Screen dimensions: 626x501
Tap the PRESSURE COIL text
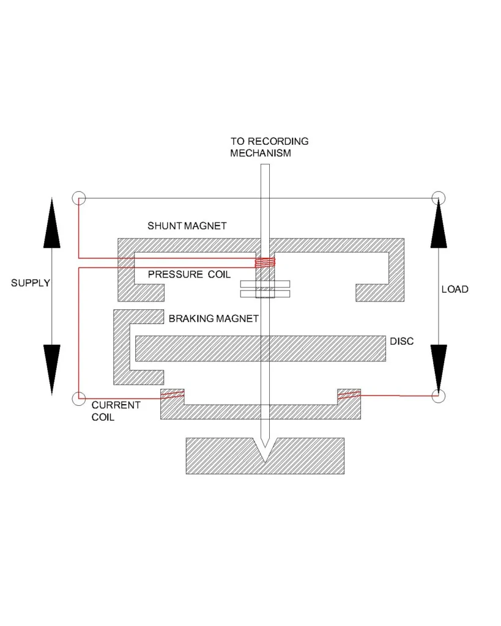tap(189, 274)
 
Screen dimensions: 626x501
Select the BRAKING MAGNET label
tap(213, 319)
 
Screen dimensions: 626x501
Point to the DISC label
tap(401, 341)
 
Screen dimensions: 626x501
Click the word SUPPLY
tap(31, 283)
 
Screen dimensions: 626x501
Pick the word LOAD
tap(455, 289)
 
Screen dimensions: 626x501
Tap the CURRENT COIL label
tap(116, 411)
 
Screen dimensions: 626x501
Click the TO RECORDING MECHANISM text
tap(269, 147)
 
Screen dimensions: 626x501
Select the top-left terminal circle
tap(78, 198)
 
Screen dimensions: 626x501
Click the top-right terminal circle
tap(438, 198)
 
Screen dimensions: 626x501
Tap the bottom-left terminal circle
tap(78, 399)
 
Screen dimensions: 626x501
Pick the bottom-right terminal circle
tap(438, 396)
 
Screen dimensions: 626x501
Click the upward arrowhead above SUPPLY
tap(52, 223)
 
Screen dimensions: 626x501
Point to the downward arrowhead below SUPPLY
tap(52, 369)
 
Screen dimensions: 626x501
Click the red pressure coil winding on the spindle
tap(265, 263)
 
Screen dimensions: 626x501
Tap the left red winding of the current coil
tap(173, 396)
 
